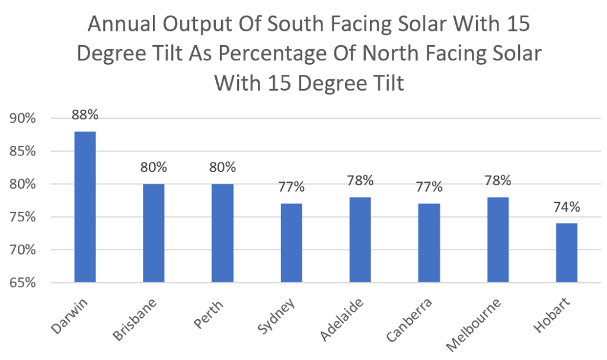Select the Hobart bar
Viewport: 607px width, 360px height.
[566, 253]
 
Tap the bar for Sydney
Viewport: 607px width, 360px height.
[291, 243]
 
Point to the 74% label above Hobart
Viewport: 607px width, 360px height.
[566, 208]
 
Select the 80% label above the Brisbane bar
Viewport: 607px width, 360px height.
[154, 168]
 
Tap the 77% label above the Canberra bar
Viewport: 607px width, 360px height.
[429, 187]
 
